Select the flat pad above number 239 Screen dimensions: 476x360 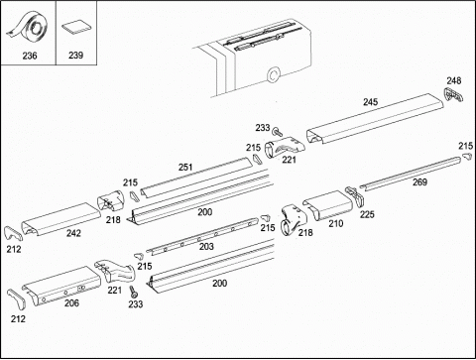[76, 28]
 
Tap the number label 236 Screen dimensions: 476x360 [30, 56]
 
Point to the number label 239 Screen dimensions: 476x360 [75, 55]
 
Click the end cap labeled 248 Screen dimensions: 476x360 [453, 94]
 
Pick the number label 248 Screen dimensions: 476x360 [454, 80]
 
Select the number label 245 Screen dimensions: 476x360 [370, 102]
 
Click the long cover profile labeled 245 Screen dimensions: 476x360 [375, 119]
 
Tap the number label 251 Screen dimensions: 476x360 [185, 167]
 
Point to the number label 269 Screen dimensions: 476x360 [419, 181]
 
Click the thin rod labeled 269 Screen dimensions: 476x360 [411, 174]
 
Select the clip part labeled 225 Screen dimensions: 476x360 [355, 196]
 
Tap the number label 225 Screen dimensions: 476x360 [367, 214]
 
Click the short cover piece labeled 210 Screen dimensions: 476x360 [328, 205]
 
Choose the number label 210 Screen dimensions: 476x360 [336, 224]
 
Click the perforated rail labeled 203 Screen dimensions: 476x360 [202, 236]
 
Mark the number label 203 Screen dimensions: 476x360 [206, 246]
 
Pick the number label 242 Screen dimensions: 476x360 [73, 233]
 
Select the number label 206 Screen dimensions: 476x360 [71, 302]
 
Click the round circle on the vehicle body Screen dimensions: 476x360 [274, 74]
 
